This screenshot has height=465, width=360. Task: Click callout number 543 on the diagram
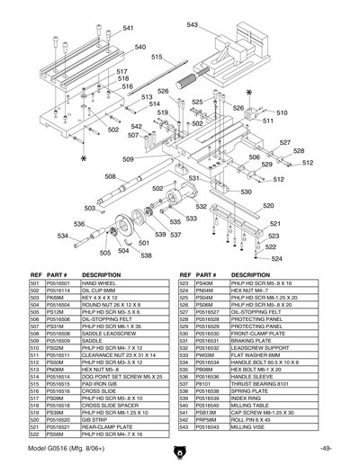click(x=193, y=24)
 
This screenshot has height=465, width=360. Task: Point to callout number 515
click(x=156, y=57)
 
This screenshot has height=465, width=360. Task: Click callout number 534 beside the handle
click(x=63, y=237)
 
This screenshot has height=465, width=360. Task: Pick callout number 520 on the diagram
click(x=268, y=206)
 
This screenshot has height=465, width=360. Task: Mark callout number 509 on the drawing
click(x=129, y=159)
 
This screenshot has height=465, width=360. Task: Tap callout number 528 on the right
click(x=299, y=151)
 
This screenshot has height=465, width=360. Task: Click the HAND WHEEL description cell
click(x=98, y=283)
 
